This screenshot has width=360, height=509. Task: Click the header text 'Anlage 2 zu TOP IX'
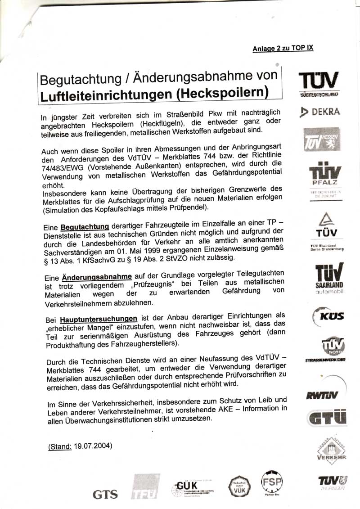(283, 48)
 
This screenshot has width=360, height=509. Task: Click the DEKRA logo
(321, 112)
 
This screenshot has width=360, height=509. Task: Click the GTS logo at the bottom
(105, 494)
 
